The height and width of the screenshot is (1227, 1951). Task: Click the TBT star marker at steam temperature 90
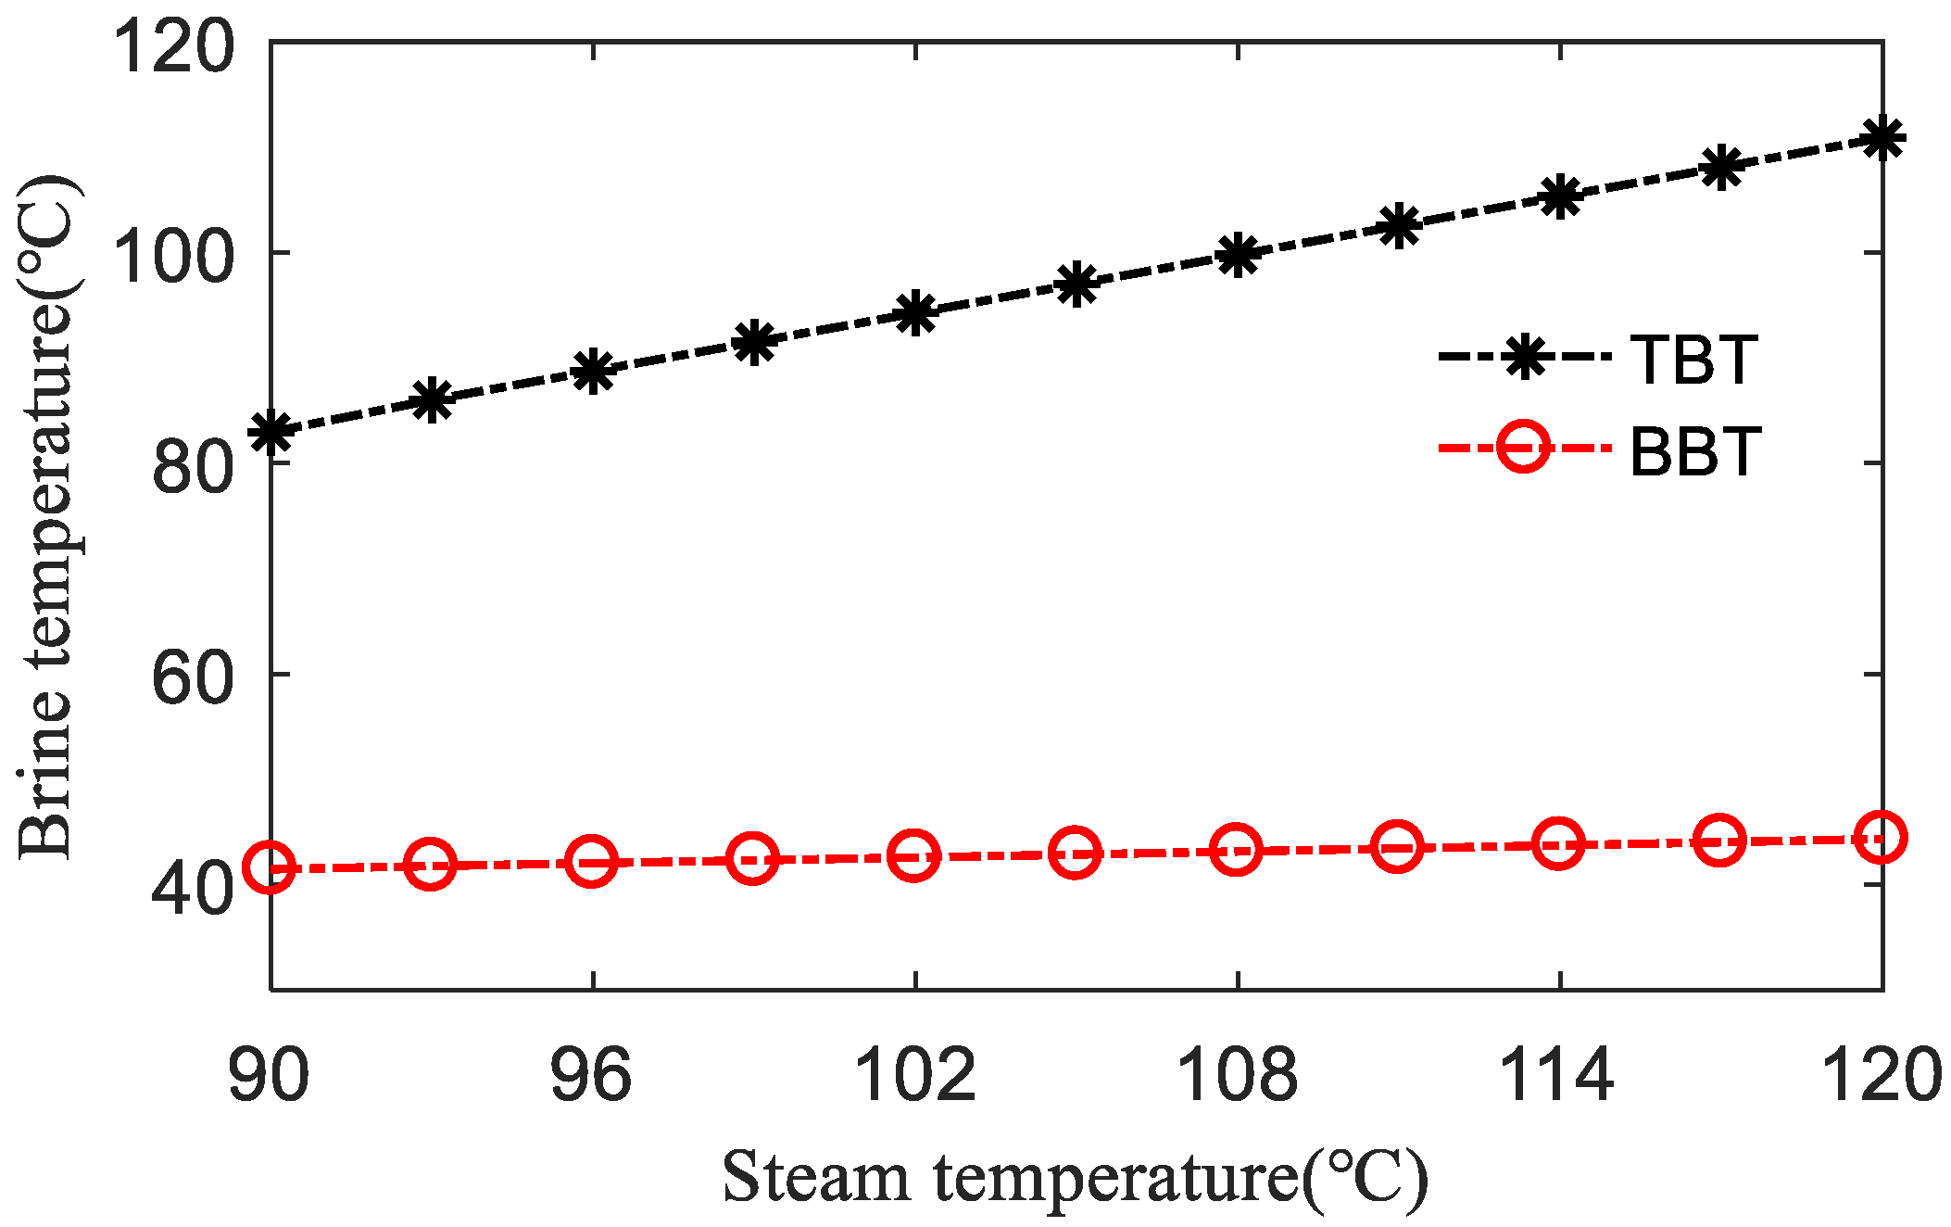271,430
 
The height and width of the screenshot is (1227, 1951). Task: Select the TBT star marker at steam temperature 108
1238,254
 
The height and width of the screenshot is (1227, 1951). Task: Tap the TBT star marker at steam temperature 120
1882,139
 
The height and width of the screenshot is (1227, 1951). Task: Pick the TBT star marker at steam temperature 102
915,312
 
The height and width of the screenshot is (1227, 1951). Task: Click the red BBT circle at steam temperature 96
592,861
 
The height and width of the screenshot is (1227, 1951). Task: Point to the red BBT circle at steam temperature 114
1558,843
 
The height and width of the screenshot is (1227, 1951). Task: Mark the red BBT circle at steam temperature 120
1881,837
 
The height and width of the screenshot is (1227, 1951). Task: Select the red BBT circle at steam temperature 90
270,866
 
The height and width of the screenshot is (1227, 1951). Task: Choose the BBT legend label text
1694,451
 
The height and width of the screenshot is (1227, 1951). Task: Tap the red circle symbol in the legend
1523,448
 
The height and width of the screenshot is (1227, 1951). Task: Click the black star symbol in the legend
1523,357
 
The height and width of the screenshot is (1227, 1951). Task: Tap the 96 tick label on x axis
591,1076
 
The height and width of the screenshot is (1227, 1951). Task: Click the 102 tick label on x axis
914,1076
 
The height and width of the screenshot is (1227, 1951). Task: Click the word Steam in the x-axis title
815,1178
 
